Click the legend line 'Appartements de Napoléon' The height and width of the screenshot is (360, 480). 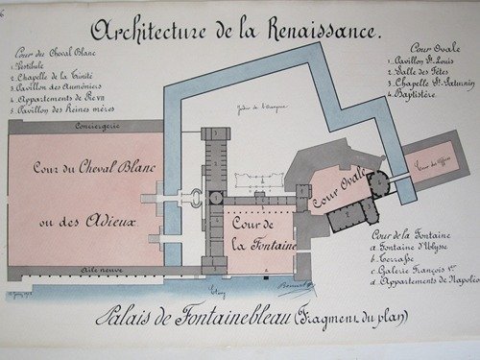point(428,282)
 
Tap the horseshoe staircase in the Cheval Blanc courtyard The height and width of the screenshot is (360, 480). point(196,199)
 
